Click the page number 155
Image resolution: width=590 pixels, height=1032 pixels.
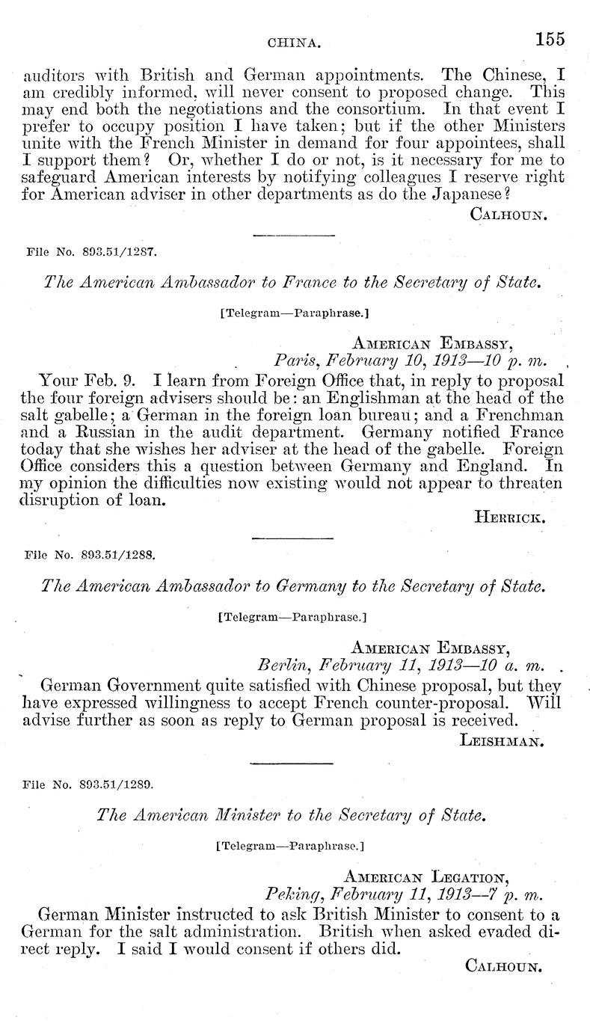point(549,40)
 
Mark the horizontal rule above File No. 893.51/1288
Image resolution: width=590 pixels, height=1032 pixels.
point(292,538)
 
